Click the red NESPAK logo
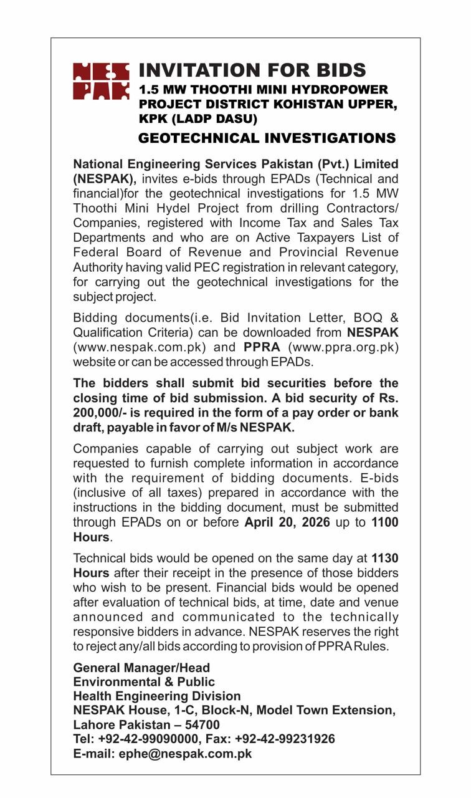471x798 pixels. point(101,81)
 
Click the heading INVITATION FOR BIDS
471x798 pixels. point(252,70)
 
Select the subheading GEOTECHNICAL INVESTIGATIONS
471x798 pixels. point(267,138)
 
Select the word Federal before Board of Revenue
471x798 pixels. point(94,252)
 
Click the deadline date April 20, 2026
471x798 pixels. point(287,522)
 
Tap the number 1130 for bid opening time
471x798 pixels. point(384,558)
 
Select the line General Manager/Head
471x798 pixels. point(141,668)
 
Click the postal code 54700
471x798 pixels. point(202,725)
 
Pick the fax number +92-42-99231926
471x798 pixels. point(285,739)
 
